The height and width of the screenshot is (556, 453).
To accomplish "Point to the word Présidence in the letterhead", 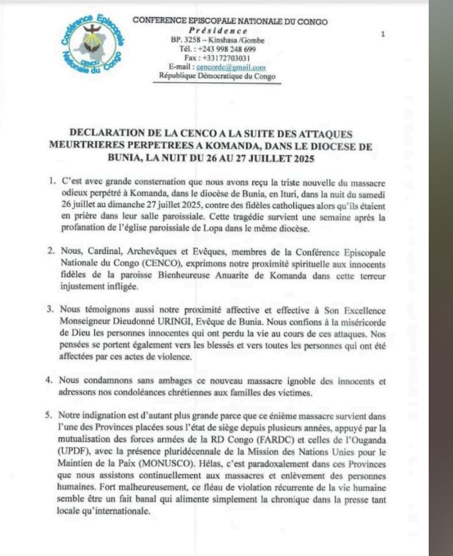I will (x=218, y=31).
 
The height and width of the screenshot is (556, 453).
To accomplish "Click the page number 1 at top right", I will (x=383, y=34).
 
